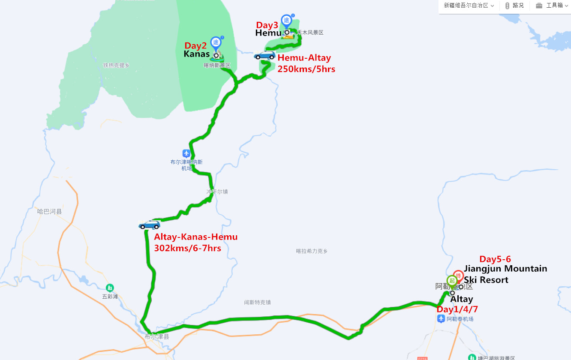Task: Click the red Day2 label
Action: pyautogui.click(x=195, y=45)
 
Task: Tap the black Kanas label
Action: pyautogui.click(x=197, y=54)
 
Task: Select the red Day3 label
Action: pyautogui.click(x=267, y=25)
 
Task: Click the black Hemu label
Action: pyautogui.click(x=268, y=33)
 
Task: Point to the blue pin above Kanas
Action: pyautogui.click(x=216, y=42)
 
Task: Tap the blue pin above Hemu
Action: pyautogui.click(x=286, y=21)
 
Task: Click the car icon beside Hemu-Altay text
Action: pyautogui.click(x=264, y=55)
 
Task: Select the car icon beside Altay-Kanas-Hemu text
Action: pyautogui.click(x=149, y=225)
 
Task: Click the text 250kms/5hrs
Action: pyautogui.click(x=306, y=69)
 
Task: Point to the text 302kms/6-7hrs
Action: pyautogui.click(x=187, y=248)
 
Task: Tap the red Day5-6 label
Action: pyautogui.click(x=495, y=259)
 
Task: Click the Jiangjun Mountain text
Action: pyautogui.click(x=505, y=269)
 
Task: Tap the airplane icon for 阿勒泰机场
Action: pyautogui.click(x=441, y=318)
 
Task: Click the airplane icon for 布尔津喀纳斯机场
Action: pyautogui.click(x=186, y=153)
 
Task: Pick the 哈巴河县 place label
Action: pyautogui.click(x=49, y=211)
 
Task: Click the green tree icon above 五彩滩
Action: pyautogui.click(x=110, y=288)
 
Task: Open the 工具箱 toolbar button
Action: pyautogui.click(x=550, y=6)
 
